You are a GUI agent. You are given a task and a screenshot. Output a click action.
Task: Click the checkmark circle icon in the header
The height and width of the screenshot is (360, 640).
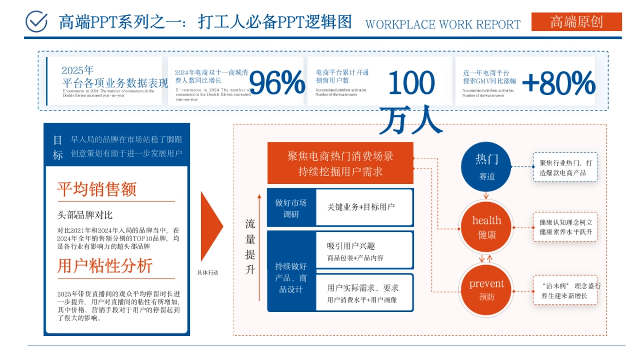(x=37, y=21)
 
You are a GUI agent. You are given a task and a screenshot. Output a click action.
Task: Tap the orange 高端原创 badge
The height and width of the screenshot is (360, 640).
(x=577, y=22)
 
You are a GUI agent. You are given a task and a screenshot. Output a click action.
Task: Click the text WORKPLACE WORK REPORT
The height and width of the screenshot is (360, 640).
(x=443, y=25)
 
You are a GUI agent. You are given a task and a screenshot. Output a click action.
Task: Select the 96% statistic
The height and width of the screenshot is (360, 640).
(x=277, y=83)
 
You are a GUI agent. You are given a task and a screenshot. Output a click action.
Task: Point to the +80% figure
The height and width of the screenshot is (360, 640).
(x=558, y=83)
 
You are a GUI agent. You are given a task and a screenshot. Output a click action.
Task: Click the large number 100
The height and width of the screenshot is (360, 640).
(x=411, y=83)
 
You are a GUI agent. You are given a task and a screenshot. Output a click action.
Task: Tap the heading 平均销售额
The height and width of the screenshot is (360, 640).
(x=97, y=189)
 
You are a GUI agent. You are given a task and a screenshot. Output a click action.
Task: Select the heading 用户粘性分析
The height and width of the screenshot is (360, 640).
(x=105, y=266)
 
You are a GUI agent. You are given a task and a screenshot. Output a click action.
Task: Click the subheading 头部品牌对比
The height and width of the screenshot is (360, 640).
(x=85, y=215)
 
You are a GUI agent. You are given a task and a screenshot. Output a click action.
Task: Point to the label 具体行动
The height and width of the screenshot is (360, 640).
(x=208, y=273)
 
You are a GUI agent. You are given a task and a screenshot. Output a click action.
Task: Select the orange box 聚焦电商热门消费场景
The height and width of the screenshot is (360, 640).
(x=340, y=163)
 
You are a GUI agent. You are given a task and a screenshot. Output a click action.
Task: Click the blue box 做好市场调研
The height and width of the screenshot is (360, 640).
(x=291, y=208)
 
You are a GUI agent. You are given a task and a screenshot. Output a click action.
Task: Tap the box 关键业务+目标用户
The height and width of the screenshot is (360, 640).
(x=364, y=207)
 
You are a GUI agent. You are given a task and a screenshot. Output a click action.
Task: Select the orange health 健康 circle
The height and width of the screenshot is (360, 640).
(x=486, y=227)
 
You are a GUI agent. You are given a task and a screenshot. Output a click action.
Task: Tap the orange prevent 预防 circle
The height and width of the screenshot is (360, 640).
(x=486, y=290)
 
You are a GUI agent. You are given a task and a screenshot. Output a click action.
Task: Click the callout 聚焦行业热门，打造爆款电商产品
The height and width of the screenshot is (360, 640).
(x=565, y=167)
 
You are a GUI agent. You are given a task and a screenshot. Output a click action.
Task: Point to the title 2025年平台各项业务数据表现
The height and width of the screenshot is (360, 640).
(x=115, y=78)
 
